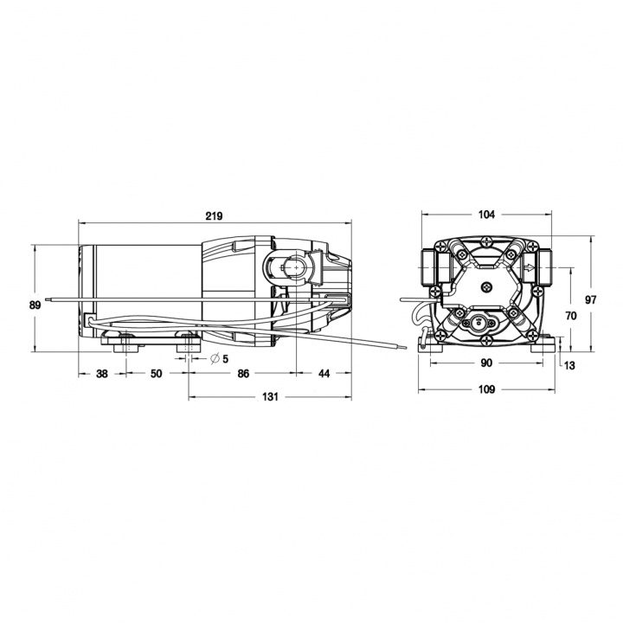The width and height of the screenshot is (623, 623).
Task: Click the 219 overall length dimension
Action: (x=215, y=216)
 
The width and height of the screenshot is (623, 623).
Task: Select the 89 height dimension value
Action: (x=34, y=305)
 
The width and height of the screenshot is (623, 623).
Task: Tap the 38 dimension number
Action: (x=102, y=374)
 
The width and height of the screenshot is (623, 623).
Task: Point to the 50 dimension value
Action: (x=156, y=374)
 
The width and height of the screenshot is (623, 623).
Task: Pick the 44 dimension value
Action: (x=324, y=374)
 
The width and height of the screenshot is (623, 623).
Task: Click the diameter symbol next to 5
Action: (x=214, y=358)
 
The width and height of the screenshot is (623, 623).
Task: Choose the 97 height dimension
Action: (x=592, y=299)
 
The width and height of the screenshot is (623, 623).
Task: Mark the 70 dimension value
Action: (x=569, y=317)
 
